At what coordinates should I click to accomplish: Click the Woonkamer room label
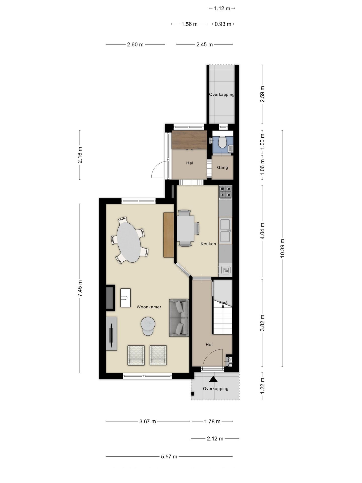tap(149, 307)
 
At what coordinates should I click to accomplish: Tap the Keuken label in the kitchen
tap(208, 244)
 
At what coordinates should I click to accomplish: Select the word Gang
tap(222, 168)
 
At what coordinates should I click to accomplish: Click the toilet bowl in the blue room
tap(222, 142)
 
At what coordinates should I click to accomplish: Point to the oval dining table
tap(129, 242)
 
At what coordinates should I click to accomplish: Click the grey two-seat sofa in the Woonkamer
tap(179, 318)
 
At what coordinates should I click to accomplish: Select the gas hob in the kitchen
tap(225, 192)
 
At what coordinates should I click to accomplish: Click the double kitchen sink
tap(225, 231)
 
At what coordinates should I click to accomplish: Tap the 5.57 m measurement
tap(169, 457)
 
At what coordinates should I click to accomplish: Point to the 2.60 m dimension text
tap(135, 45)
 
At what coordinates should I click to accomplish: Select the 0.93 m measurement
tap(223, 24)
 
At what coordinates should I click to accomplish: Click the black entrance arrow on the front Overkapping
tap(213, 379)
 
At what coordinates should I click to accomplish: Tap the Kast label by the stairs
tap(223, 302)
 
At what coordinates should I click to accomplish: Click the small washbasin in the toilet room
tap(231, 149)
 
